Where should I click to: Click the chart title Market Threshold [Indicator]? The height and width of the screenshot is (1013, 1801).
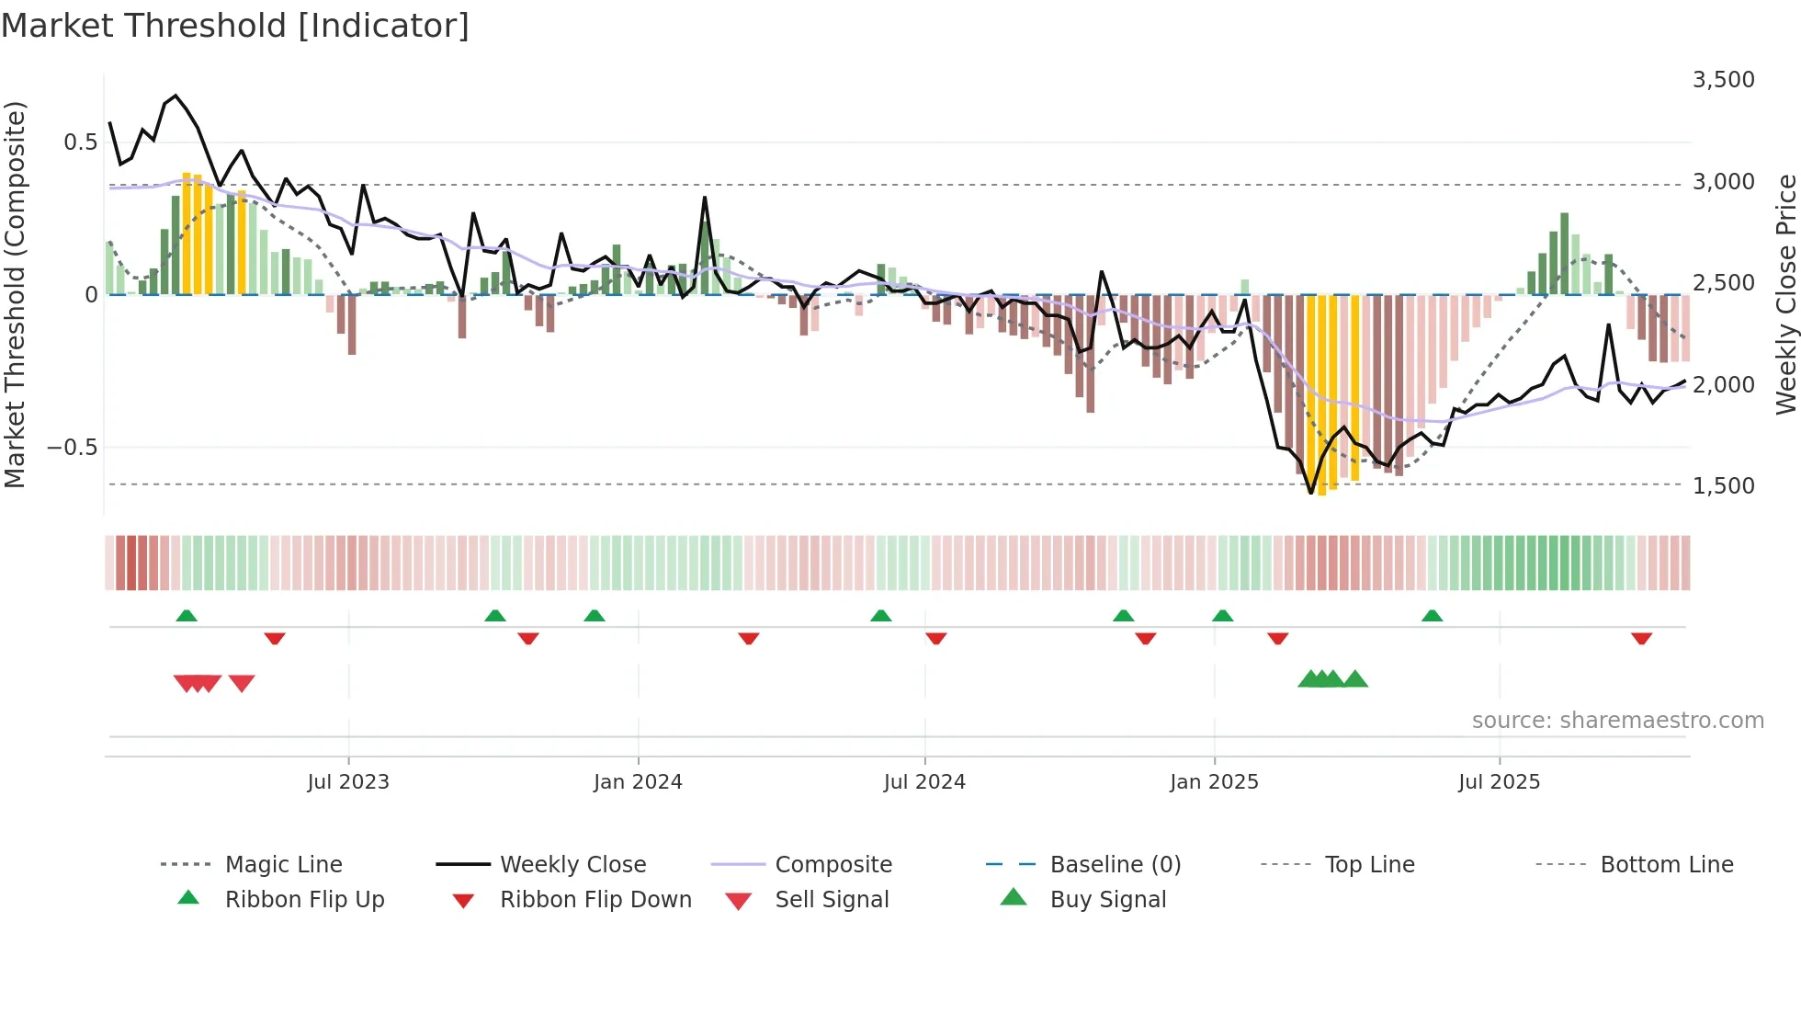(x=235, y=26)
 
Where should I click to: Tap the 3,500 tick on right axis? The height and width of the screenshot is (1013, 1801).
(x=1723, y=80)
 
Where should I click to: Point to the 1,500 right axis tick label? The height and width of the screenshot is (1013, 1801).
(x=1723, y=486)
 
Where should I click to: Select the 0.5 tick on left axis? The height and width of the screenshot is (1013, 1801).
(x=80, y=142)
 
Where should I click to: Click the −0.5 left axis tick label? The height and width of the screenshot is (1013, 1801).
(x=72, y=448)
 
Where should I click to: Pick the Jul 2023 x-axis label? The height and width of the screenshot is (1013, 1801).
(x=348, y=782)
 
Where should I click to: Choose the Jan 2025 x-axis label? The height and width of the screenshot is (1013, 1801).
(x=1214, y=782)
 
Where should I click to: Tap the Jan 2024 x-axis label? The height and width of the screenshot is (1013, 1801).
(x=638, y=782)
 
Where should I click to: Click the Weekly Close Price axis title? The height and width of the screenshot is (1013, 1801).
(x=1784, y=294)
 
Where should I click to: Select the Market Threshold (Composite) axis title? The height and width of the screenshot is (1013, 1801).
(x=15, y=294)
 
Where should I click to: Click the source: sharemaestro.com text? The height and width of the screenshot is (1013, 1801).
(x=1617, y=721)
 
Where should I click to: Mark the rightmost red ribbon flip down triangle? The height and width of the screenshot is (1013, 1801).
(x=1641, y=638)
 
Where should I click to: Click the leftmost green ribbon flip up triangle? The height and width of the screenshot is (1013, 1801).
(x=187, y=616)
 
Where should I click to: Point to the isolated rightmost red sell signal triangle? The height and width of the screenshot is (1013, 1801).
(x=242, y=683)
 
